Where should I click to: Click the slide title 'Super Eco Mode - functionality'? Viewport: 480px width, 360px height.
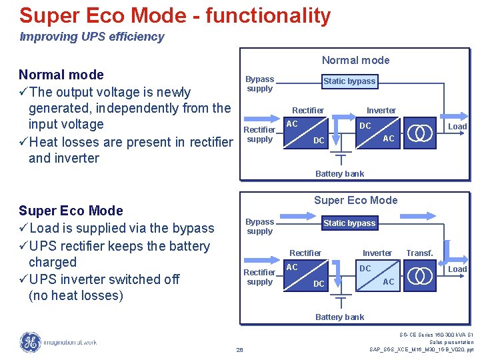(x=175, y=15)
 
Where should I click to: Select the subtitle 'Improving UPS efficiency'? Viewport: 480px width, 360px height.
(x=92, y=37)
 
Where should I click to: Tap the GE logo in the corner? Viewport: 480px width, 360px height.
(x=30, y=342)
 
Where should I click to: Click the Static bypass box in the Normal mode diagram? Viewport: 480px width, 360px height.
(x=349, y=81)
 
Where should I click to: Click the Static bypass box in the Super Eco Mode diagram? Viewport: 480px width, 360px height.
(x=349, y=223)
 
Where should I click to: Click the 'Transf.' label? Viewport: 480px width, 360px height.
(x=419, y=253)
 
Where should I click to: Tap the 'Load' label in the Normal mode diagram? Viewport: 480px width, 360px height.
(x=457, y=127)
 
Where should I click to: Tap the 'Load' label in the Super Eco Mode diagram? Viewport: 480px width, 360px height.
(x=457, y=269)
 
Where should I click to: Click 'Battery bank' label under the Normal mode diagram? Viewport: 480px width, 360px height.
(x=339, y=174)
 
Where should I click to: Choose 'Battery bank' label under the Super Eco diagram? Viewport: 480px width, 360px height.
(x=339, y=317)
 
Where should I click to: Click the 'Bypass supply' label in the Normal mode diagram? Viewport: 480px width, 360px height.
(x=259, y=84)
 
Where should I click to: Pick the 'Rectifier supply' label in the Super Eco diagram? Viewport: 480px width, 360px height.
(x=259, y=277)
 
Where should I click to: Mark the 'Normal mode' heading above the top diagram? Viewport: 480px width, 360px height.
(x=355, y=61)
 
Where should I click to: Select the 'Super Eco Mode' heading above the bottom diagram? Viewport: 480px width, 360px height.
(x=355, y=201)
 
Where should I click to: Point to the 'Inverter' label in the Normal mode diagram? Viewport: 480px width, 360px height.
(x=381, y=111)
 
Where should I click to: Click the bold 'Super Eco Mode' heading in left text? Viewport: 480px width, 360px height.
(x=71, y=211)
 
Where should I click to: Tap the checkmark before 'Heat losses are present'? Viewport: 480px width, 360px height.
(x=24, y=142)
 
